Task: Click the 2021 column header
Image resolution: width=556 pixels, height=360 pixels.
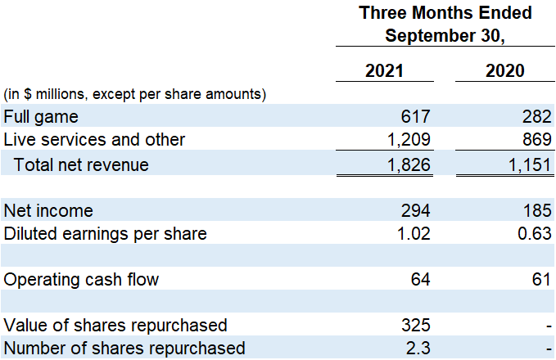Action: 384,71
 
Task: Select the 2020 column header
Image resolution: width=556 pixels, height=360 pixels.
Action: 505,71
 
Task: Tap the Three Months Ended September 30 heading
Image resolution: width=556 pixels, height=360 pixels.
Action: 445,25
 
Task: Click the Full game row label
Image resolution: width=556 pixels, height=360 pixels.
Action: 42,116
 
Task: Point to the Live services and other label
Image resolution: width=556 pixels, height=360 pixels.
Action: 95,140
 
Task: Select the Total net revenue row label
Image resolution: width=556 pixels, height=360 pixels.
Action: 81,164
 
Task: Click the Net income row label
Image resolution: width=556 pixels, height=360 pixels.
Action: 48,211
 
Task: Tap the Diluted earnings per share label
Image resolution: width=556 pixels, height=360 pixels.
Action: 105,234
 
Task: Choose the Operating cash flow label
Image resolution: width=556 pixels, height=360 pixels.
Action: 81,280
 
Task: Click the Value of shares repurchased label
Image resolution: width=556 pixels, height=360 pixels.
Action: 115,326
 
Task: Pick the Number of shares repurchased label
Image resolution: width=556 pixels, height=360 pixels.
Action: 124,349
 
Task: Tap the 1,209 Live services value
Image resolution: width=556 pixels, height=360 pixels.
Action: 408,140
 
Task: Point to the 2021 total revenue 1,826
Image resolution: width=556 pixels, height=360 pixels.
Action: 408,164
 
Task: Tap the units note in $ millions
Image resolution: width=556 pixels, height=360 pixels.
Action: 134,94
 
